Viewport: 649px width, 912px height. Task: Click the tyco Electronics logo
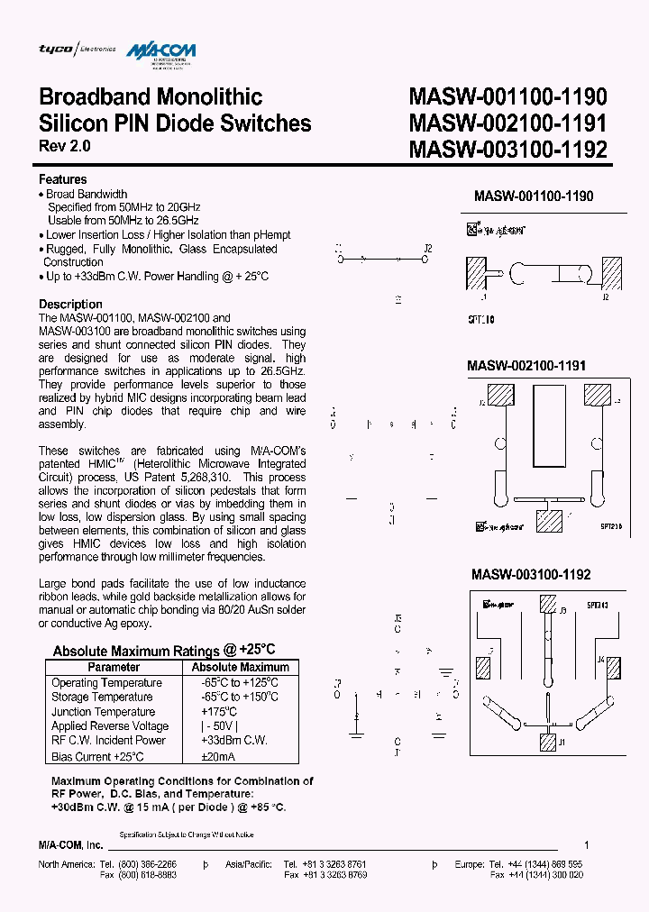[x=77, y=49]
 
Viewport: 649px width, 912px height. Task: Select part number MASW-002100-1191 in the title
[x=507, y=123]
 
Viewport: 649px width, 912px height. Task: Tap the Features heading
[x=63, y=179]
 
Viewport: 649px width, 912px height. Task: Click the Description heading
[x=70, y=304]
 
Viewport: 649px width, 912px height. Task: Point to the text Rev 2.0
[x=65, y=146]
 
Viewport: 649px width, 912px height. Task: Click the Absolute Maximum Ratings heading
[x=164, y=650]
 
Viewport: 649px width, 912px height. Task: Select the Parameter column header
[x=114, y=667]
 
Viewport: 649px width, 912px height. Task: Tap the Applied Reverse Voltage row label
[x=110, y=725]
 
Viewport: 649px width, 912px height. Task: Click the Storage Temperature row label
[x=102, y=697]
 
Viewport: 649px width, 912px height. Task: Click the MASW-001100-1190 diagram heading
[x=534, y=196]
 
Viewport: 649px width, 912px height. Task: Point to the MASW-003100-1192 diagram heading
[x=532, y=574]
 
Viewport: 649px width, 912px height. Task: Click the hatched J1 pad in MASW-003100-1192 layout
[x=546, y=742]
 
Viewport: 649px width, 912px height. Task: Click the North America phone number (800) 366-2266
[x=146, y=864]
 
